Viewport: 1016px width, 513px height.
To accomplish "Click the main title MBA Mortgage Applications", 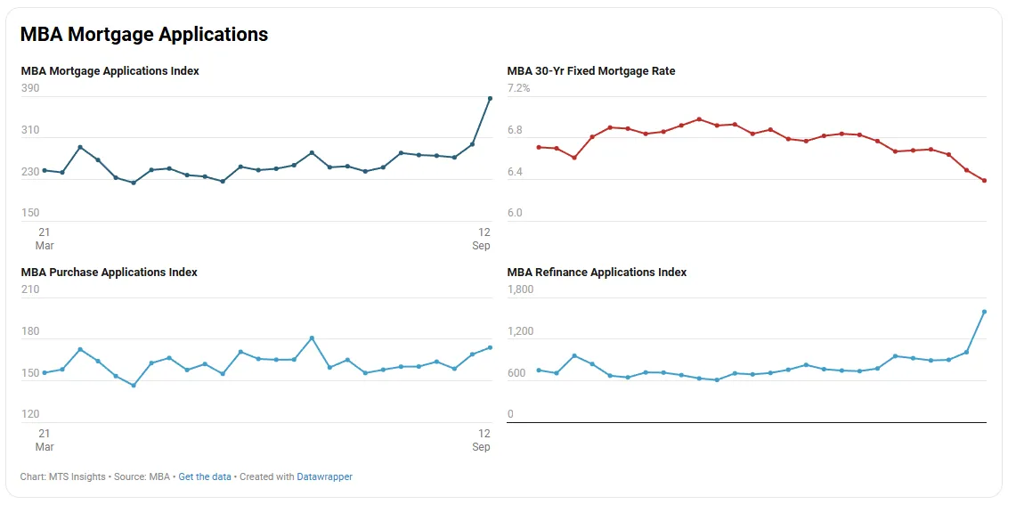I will tap(144, 35).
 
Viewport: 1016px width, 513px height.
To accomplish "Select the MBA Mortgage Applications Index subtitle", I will tap(110, 71).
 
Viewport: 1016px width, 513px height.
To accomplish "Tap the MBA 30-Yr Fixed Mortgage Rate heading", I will tap(591, 71).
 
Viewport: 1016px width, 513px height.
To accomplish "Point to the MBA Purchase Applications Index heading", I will tap(109, 273).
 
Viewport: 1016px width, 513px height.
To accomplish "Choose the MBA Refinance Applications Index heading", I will tap(597, 273).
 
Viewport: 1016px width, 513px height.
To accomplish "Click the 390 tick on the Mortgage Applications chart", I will tap(30, 88).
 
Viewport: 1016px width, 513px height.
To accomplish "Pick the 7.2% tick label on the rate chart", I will tap(518, 88).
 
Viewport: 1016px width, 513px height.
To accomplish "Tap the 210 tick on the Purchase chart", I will tap(30, 289).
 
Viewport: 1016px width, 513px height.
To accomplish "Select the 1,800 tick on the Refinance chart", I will tap(520, 289).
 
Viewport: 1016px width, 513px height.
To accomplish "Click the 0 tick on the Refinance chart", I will tap(510, 414).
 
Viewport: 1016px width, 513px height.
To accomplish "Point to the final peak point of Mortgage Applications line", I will tap(490, 99).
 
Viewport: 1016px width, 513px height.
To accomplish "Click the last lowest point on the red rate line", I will tap(984, 181).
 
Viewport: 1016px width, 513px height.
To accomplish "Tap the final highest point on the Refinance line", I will tap(984, 312).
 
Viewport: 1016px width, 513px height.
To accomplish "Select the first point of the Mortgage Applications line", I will tap(45, 170).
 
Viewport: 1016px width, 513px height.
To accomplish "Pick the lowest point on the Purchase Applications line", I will tap(134, 386).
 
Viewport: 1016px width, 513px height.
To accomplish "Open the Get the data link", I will tap(204, 477).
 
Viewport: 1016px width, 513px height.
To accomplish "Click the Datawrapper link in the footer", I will tap(324, 477).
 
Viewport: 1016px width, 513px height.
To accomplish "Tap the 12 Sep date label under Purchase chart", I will tap(482, 440).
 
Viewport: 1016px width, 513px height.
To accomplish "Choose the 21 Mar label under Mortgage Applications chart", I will tap(45, 239).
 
